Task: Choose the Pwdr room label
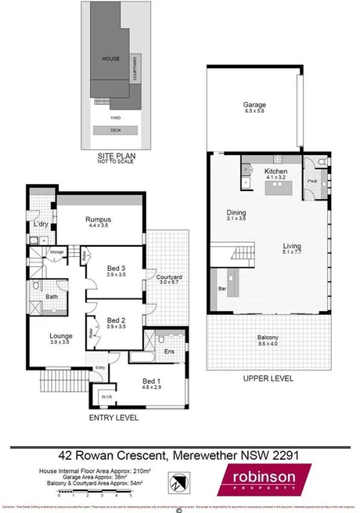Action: coord(311,181)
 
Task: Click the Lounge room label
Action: coord(59,337)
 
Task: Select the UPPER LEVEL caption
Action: coord(267,378)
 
